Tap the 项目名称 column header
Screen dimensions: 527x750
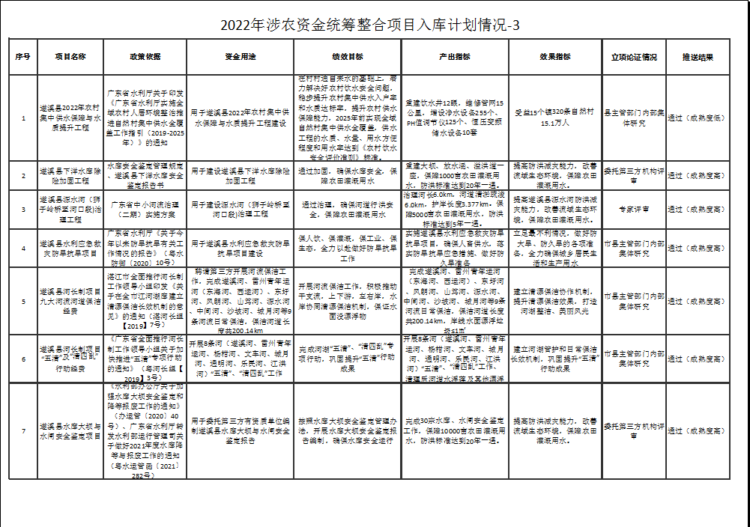coord(71,57)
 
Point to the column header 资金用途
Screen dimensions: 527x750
coord(240,57)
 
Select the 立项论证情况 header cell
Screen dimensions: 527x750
coord(634,57)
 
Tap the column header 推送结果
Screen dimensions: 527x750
coord(697,57)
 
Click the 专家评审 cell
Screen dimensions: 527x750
coord(634,210)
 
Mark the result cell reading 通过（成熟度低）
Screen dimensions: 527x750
coord(697,118)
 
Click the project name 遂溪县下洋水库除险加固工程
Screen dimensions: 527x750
coord(71,176)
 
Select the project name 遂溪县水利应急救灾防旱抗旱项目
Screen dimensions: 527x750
coord(71,248)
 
